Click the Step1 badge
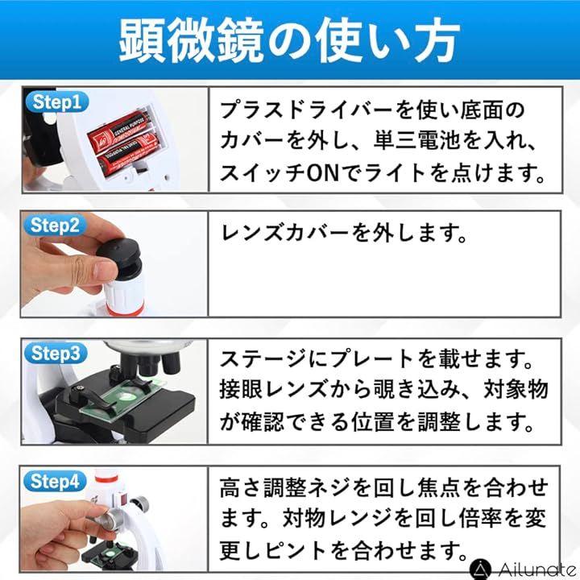56,102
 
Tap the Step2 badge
55,225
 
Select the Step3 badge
56,354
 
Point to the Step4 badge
55,482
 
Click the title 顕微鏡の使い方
289,40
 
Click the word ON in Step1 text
323,173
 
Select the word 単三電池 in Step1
416,141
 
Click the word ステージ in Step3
263,358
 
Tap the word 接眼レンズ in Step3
274,390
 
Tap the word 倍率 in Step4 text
480,519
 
